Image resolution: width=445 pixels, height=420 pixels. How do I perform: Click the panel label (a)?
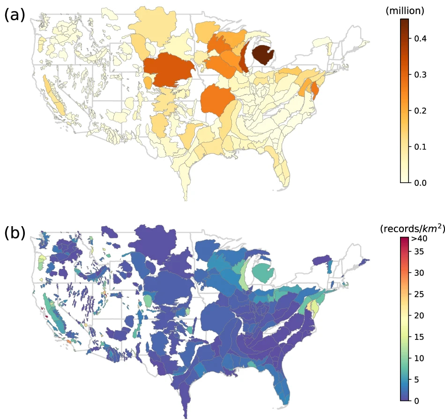(14, 15)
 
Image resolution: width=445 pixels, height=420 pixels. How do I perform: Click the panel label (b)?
(14, 233)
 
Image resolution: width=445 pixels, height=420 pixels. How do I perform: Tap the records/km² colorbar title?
(412, 228)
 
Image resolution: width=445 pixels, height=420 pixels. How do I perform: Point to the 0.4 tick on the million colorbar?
(420, 39)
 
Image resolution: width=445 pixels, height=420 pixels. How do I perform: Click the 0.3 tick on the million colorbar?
(420, 75)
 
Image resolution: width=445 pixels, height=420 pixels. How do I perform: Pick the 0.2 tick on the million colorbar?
(420, 111)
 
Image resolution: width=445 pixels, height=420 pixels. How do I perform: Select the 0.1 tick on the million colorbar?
(420, 147)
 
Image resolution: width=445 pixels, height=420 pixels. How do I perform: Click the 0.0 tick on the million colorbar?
(420, 183)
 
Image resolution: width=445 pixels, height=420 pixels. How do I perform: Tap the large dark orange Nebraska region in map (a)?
(169, 70)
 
